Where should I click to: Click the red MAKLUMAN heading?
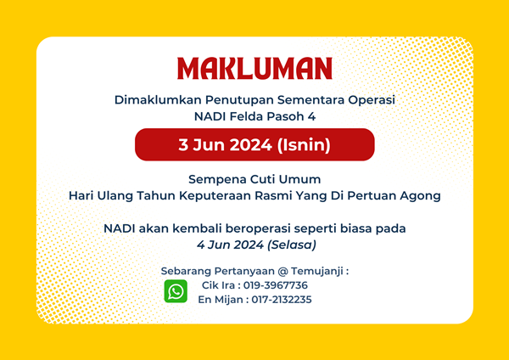pos(255,68)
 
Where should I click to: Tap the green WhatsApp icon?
pos(176,291)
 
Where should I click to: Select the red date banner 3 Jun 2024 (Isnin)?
pos(255,144)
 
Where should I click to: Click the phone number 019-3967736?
pos(276,285)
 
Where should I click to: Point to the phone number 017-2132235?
pos(282,299)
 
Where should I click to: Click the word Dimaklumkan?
pos(158,99)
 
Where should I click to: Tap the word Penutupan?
pos(239,100)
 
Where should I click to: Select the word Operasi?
pos(372,100)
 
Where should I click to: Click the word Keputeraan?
pos(215,196)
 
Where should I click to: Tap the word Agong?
pos(420,196)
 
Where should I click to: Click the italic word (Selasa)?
pos(292,245)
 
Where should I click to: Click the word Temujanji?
pos(317,272)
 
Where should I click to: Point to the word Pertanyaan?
pos(244,272)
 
